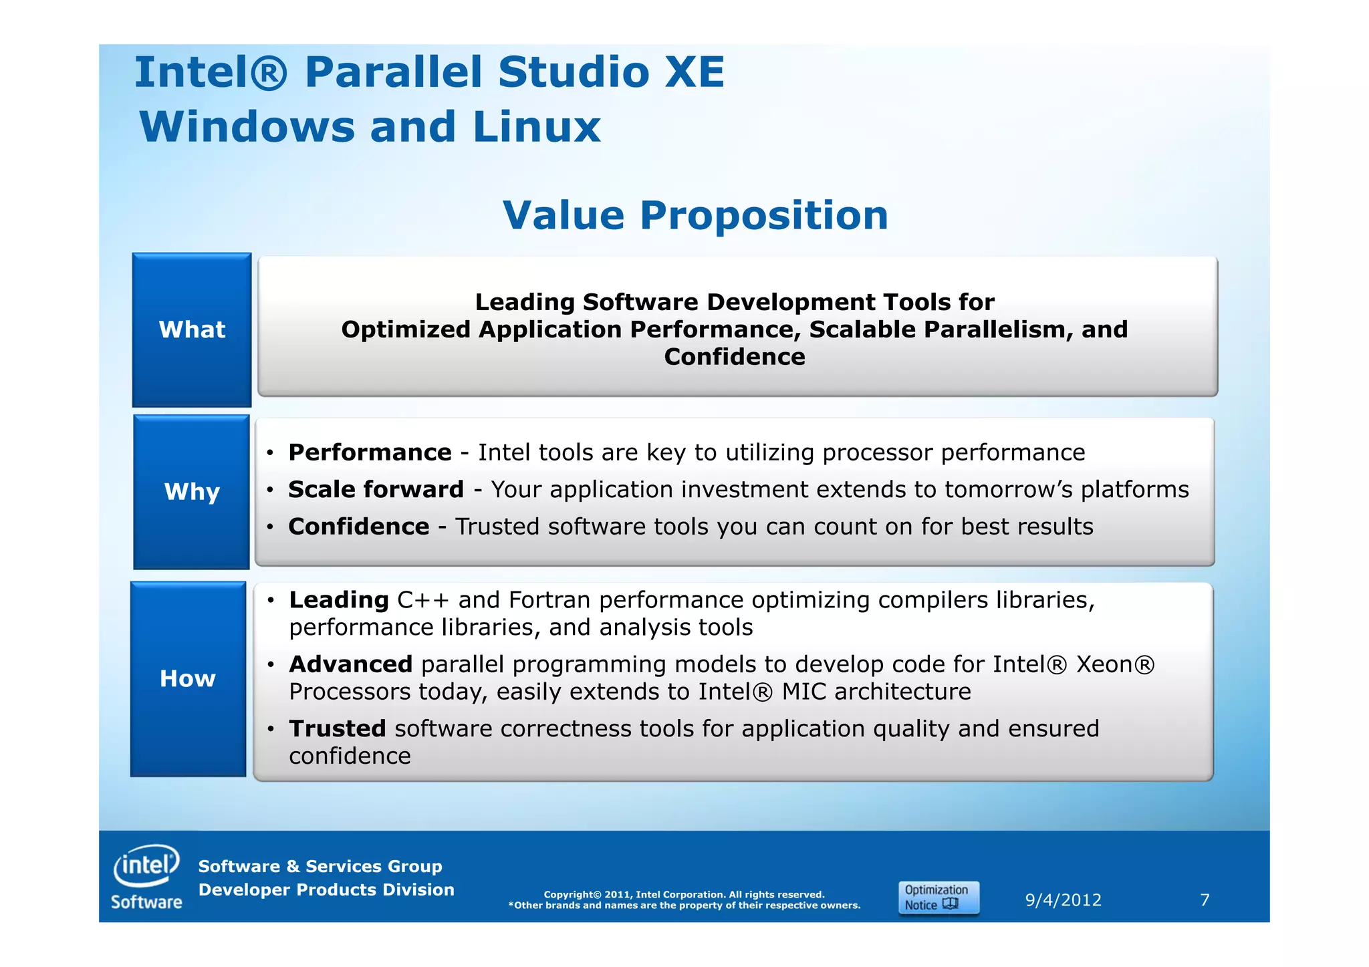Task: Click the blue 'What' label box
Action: point(192,329)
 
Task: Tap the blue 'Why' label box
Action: point(192,492)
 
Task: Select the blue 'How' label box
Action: point(188,679)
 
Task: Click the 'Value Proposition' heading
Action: point(695,216)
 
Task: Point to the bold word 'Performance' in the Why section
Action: point(370,452)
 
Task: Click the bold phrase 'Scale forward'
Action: point(376,489)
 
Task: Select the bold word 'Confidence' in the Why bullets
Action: point(358,527)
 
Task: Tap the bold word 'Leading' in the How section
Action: point(339,600)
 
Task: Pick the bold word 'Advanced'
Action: point(350,664)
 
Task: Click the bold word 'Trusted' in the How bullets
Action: point(337,728)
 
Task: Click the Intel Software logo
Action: point(146,877)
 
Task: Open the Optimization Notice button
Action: point(938,897)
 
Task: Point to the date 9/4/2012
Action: point(1063,900)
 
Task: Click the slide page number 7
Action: point(1205,900)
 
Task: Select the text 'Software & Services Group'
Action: point(320,866)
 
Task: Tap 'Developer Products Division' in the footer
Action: point(326,889)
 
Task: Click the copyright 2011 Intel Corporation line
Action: point(684,894)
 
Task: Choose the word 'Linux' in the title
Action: point(536,127)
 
